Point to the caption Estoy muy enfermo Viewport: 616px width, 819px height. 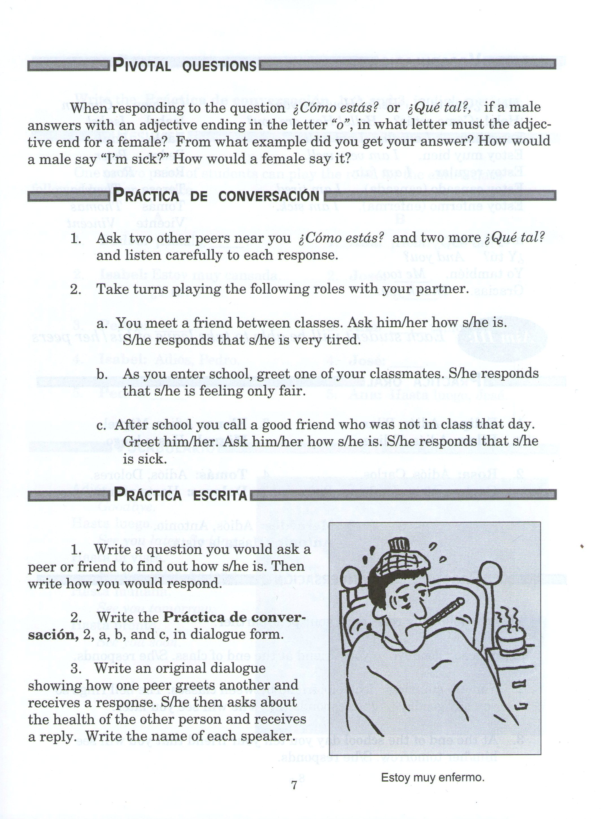click(432, 777)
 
